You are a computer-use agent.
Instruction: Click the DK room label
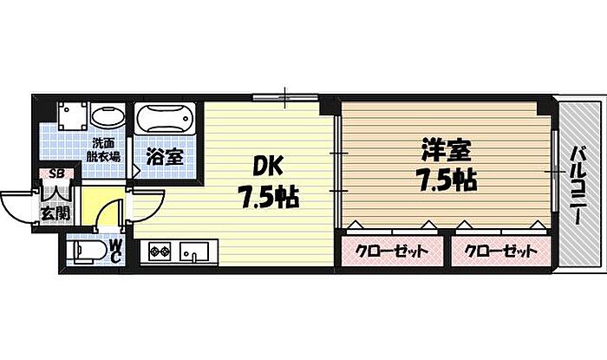(x=266, y=164)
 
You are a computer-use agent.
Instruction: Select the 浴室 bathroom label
(x=164, y=157)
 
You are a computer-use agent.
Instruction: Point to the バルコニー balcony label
(x=576, y=186)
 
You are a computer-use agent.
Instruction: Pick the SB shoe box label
(x=56, y=174)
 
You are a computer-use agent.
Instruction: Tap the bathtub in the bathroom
(x=166, y=118)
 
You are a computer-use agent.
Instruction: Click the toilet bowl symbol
(x=85, y=251)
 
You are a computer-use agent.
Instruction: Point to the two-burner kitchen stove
(x=160, y=253)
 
